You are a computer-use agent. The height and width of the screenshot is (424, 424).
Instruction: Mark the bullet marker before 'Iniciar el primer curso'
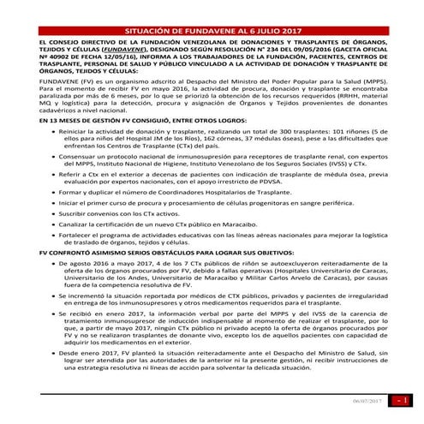[51, 225]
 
